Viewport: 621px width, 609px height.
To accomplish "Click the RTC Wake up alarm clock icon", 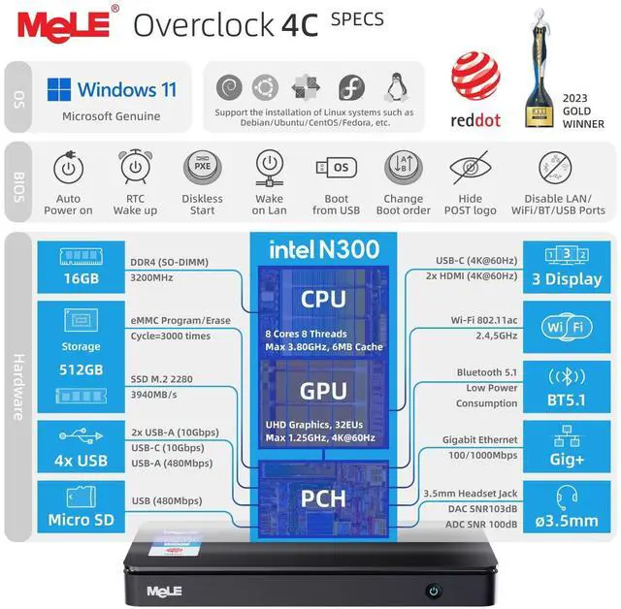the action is pos(135,168).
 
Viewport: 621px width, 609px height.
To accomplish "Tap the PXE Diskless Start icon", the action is pos(203,168).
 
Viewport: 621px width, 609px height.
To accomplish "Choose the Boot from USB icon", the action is pos(337,167).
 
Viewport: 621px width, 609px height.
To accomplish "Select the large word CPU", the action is pos(322,298).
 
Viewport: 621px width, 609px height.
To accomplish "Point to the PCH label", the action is pos(322,499).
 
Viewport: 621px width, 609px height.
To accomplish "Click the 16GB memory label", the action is pos(81,279).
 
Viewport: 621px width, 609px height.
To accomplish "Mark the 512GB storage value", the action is pos(81,369).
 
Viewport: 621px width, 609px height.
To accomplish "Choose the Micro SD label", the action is pos(81,519).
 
